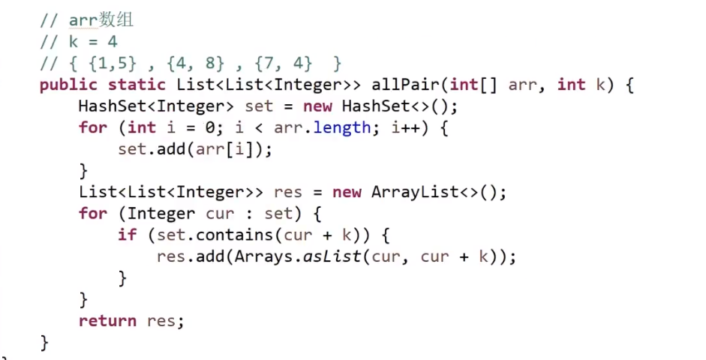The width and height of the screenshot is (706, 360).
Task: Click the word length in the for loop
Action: click(x=341, y=127)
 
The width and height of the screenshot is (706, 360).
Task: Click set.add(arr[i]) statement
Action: click(x=194, y=149)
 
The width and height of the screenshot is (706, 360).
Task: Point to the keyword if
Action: click(x=128, y=235)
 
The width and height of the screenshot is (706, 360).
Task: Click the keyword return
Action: click(x=107, y=321)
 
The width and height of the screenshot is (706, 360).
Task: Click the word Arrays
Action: click(x=263, y=256)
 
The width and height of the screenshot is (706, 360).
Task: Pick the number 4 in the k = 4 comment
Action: click(x=112, y=42)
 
